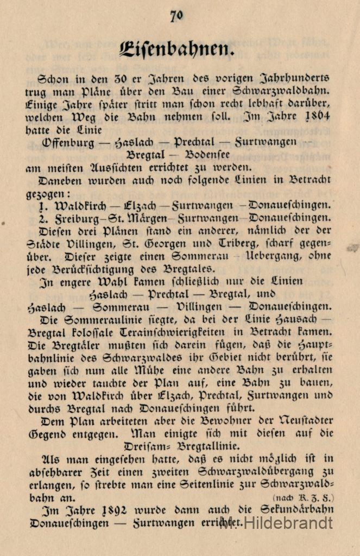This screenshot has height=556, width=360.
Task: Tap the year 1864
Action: pos(317,117)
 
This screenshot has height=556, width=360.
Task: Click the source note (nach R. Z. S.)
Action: pos(304,497)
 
